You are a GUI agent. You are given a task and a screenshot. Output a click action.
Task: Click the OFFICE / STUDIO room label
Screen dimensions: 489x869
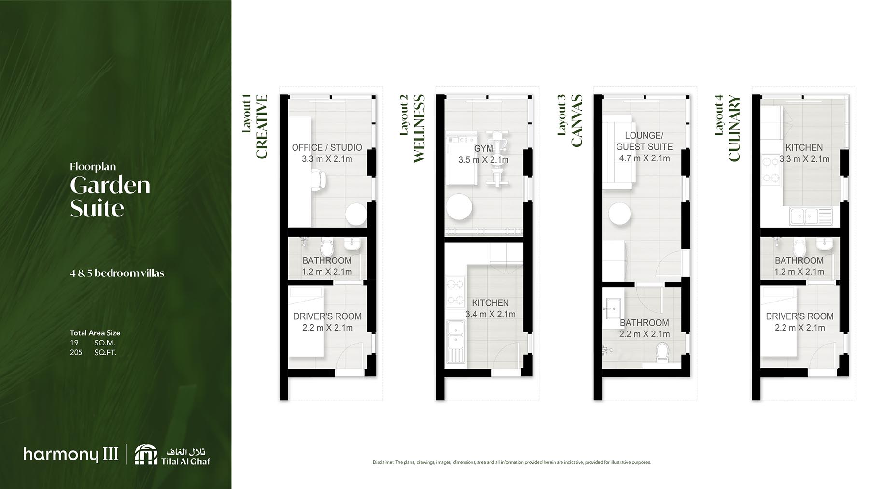point(326,147)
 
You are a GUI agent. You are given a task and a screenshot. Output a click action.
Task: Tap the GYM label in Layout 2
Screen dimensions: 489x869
point(483,149)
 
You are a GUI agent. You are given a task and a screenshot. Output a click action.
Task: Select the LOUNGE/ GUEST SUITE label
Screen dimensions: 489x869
point(644,141)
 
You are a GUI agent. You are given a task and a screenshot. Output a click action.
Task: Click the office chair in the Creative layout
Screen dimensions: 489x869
point(318,180)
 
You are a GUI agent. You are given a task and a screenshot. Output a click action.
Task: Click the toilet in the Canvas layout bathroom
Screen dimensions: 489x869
point(663,352)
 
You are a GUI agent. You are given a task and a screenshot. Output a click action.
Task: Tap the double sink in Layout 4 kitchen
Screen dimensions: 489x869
point(804,216)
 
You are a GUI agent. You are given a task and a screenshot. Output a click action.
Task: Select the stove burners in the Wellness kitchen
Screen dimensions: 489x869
point(455,292)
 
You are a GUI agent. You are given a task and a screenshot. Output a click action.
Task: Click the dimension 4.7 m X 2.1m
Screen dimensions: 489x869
point(644,158)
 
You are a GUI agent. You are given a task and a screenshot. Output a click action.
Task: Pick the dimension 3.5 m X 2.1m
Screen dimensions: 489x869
point(483,160)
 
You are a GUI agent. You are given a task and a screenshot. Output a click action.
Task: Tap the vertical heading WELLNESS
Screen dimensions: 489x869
point(419,128)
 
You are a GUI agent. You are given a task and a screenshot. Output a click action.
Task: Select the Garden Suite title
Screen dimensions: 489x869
point(110,197)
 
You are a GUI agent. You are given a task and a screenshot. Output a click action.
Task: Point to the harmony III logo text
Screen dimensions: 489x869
point(70,454)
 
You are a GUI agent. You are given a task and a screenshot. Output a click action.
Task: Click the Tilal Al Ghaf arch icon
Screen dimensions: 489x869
point(146,455)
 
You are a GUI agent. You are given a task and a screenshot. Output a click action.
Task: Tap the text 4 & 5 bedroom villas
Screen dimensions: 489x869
point(117,273)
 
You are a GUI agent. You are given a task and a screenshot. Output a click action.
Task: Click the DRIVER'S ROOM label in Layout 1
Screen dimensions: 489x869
point(327,316)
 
